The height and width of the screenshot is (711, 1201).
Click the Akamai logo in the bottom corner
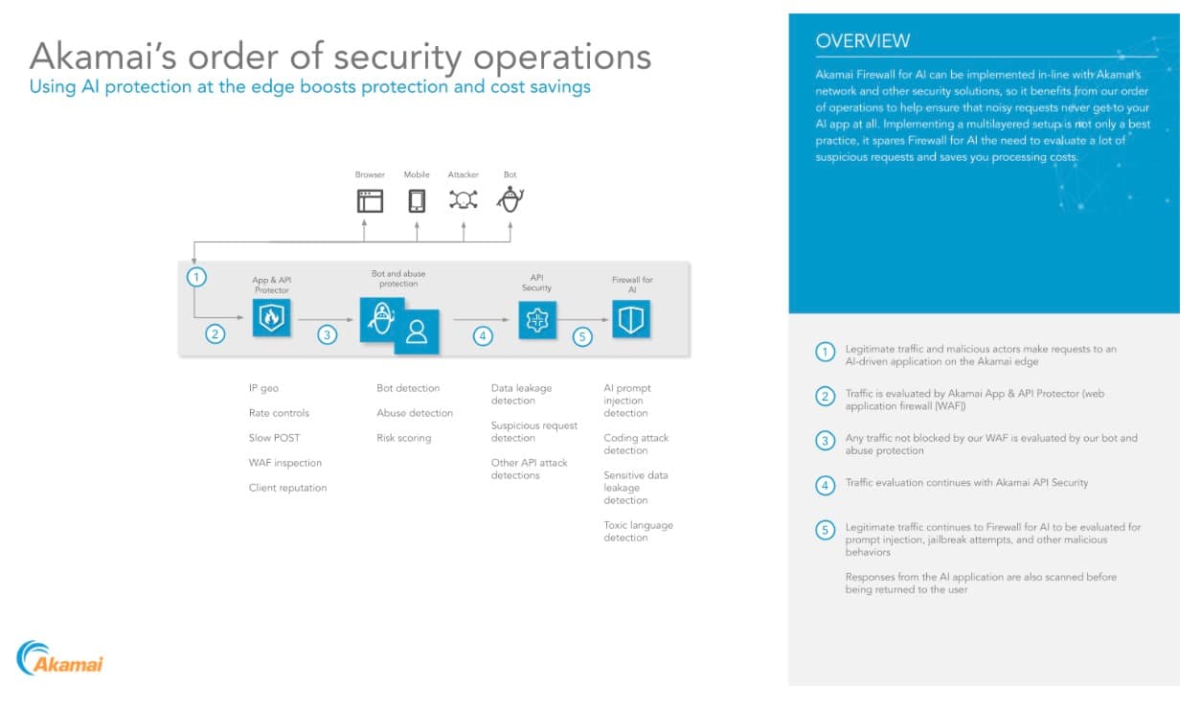(x=60, y=658)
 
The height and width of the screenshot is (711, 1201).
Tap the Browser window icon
(x=370, y=200)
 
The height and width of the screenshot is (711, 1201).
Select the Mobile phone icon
(x=417, y=200)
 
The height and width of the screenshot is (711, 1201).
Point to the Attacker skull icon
(x=464, y=199)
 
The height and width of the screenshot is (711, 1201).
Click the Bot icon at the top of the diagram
(x=510, y=199)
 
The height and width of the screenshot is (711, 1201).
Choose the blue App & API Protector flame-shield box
(x=272, y=317)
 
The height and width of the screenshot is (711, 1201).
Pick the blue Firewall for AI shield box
(x=631, y=319)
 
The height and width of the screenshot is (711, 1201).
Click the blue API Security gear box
(x=537, y=319)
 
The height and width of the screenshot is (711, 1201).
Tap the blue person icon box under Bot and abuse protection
(x=417, y=331)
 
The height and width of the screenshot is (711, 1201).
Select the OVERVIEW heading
(x=863, y=41)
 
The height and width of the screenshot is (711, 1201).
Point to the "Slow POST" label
(x=274, y=438)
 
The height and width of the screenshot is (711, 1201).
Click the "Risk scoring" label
(x=403, y=438)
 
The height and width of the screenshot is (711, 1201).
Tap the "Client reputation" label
(x=287, y=488)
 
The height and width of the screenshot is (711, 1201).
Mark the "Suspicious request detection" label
(x=533, y=431)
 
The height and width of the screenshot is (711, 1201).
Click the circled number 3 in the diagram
(x=328, y=334)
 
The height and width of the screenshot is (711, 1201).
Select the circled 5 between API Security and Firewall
(x=582, y=336)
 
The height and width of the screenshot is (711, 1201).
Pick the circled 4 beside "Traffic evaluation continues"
(x=826, y=485)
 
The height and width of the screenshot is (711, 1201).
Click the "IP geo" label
(x=263, y=388)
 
